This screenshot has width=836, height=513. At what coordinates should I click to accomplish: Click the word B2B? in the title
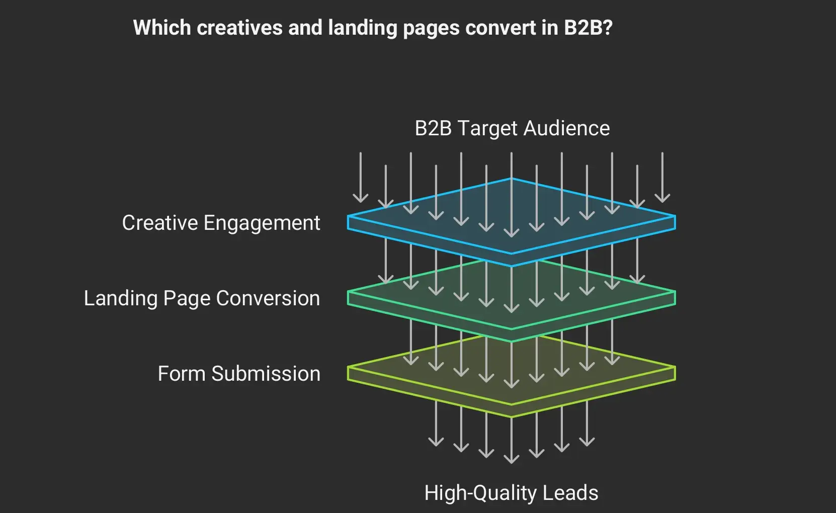coord(588,28)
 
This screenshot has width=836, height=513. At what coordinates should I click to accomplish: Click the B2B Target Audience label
coord(512,128)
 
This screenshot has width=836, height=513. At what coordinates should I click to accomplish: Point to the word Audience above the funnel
coord(566,128)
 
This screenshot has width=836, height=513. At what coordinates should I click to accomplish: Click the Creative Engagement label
coord(221,223)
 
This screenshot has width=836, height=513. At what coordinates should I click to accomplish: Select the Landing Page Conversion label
coord(202,298)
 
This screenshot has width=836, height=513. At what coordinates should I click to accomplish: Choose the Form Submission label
coord(239,374)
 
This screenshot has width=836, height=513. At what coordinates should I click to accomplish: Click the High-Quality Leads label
coord(511,493)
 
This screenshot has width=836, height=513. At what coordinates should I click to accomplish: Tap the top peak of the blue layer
coord(512,179)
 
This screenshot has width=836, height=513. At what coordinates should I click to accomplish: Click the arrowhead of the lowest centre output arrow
coord(512,460)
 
